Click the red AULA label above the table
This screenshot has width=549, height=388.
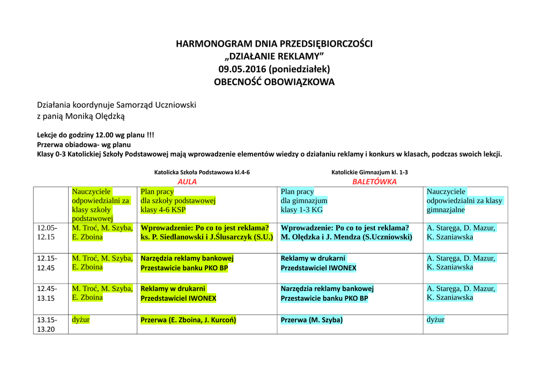point(187,182)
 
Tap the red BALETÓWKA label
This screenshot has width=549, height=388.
point(374,182)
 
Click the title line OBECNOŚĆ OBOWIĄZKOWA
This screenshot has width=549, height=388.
point(274,82)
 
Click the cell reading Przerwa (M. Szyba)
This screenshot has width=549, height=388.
point(311,320)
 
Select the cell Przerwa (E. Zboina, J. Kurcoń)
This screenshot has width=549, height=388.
point(188,320)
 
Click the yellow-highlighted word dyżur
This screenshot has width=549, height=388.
point(81,320)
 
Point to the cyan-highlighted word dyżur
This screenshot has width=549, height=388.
point(435,320)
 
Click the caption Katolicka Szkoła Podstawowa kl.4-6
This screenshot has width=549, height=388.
point(202,172)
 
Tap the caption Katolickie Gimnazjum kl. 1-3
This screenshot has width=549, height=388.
point(369,172)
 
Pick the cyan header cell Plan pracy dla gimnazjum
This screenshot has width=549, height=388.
point(304,201)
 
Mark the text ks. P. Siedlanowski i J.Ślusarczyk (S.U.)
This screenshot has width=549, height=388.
point(207,237)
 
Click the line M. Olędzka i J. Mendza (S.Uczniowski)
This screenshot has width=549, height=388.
point(346,237)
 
